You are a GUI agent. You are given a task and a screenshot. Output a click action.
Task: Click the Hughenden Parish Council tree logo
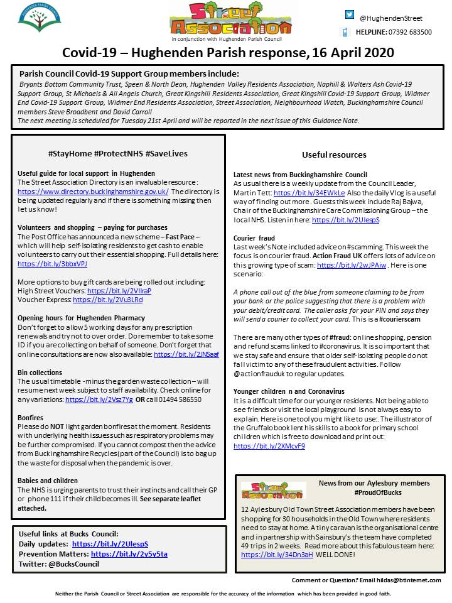coord(40,20)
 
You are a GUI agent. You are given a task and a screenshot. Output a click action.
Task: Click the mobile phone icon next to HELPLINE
coord(345,32)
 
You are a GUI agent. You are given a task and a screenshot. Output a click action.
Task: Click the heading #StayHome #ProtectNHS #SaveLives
coord(117,153)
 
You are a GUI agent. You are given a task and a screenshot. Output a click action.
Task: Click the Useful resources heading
coord(334,155)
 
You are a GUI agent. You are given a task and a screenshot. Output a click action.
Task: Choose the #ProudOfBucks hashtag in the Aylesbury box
coord(360,492)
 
